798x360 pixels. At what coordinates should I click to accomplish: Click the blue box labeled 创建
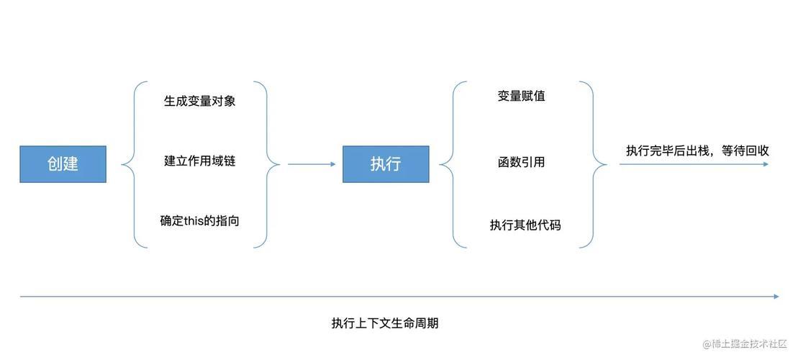point(63,164)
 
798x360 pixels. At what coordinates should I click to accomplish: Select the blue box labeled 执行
point(386,164)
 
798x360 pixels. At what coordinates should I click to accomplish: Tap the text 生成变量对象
point(199,101)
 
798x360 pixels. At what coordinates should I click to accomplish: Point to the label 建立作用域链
point(199,161)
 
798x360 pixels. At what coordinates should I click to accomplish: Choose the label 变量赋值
point(521,96)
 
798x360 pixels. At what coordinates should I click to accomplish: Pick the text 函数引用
point(521,162)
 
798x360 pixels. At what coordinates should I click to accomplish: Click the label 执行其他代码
point(525,225)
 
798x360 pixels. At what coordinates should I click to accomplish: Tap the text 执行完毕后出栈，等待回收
point(697,150)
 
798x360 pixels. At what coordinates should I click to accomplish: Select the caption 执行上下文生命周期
point(385,323)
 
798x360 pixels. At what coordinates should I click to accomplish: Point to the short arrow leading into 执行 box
point(312,164)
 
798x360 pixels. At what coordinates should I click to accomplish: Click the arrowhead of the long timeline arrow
point(776,297)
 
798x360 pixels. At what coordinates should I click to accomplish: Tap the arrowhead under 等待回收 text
point(766,164)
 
